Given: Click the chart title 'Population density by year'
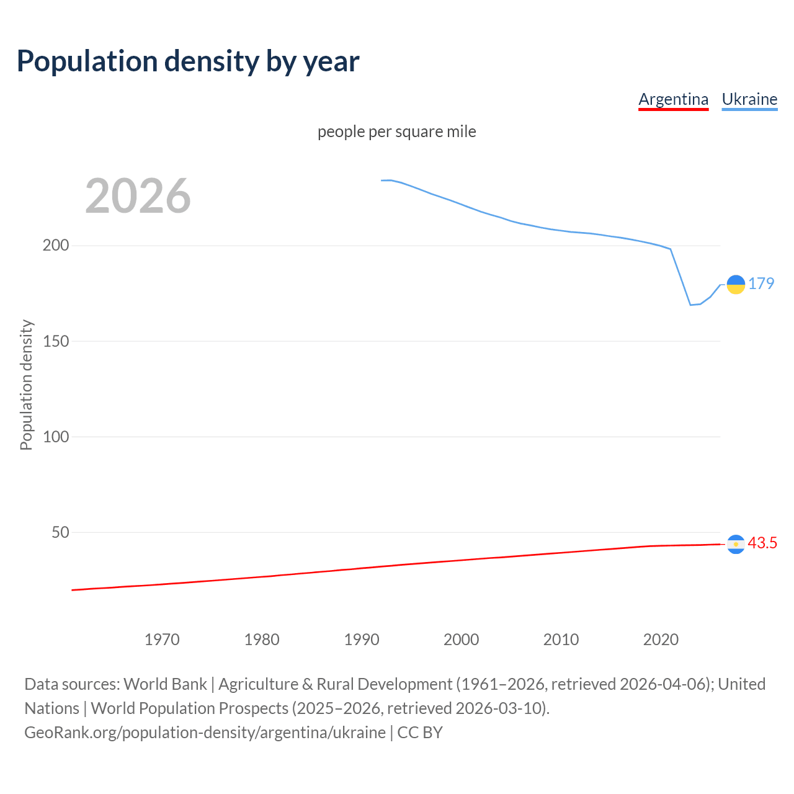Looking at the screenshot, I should [188, 61].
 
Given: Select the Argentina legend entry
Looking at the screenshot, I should [673, 99].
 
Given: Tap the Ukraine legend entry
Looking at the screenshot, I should [749, 99].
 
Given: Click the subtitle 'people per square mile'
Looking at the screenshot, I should [396, 132].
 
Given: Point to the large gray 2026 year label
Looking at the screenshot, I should [138, 196].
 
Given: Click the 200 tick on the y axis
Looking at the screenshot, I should [56, 246].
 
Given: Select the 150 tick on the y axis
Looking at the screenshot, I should [56, 341].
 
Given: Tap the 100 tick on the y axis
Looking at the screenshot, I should [56, 437].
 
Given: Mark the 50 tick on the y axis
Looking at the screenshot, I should [60, 532].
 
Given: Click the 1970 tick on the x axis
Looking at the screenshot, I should [162, 640].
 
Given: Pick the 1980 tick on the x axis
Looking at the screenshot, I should [262, 640].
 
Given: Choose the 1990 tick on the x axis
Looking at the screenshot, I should [362, 640].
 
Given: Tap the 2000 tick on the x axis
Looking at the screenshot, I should [461, 640].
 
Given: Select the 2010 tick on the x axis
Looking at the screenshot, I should [561, 640].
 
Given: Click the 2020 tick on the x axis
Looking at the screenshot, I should [661, 640].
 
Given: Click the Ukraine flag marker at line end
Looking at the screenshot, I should [736, 284].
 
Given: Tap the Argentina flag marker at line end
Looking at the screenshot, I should [736, 544].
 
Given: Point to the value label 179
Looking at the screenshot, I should [761, 283].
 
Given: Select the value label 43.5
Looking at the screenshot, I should [762, 543].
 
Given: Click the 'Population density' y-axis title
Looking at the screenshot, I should [26, 385].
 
